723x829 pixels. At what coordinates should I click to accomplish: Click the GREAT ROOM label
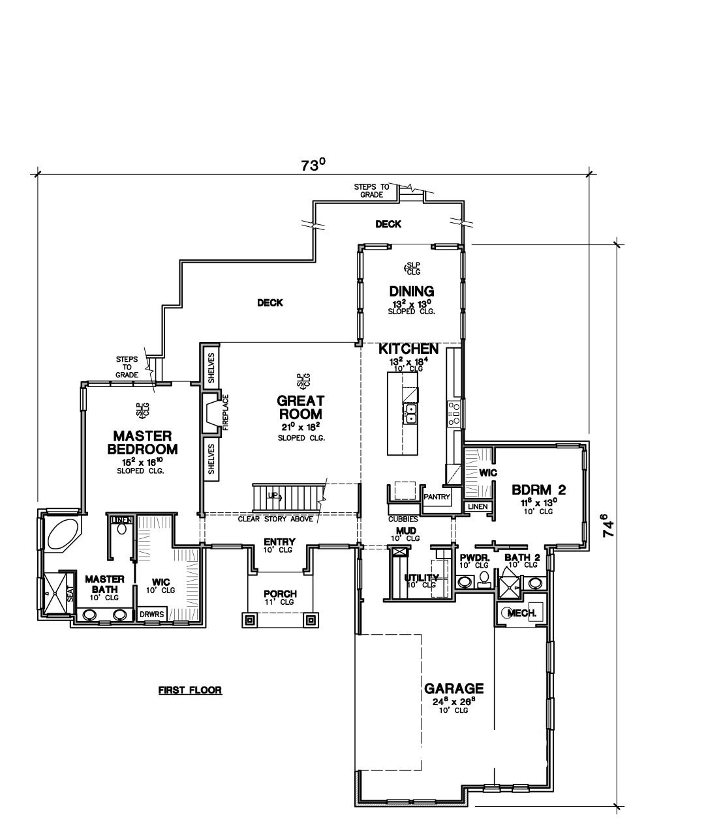[x=301, y=407]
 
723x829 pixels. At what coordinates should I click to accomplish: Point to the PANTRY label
[x=437, y=497]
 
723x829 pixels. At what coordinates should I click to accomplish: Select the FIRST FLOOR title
[x=190, y=690]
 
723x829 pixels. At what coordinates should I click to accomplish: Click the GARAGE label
[x=454, y=688]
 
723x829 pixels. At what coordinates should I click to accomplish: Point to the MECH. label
[x=522, y=613]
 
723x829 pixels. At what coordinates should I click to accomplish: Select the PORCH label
[x=280, y=594]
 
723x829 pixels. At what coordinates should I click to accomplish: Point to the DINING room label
[x=411, y=291]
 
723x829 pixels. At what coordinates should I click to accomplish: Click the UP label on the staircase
[x=273, y=495]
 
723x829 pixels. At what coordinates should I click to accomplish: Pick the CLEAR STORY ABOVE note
[x=275, y=519]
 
